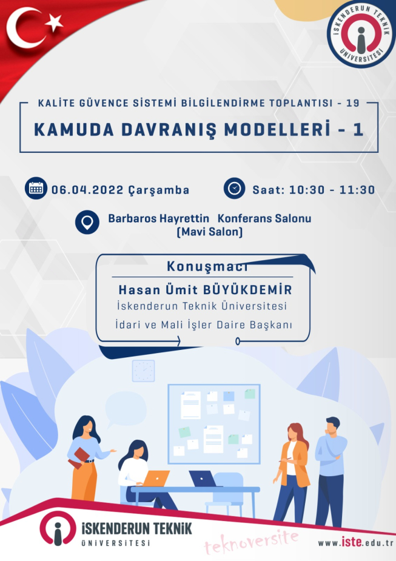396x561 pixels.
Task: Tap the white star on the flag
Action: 54,23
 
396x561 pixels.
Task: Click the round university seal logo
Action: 361,35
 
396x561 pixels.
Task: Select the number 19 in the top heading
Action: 353,103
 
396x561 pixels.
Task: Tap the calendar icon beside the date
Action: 36,188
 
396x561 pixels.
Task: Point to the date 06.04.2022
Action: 88,190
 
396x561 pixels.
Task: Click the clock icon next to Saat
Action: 234,188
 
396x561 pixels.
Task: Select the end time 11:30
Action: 357,190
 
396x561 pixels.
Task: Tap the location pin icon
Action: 87,222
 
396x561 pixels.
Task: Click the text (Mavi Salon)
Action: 210,232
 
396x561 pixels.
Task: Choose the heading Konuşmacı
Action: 207,266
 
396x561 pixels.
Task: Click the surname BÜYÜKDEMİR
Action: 247,289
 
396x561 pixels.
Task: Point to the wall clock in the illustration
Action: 144,371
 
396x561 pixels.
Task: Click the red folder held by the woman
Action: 79,458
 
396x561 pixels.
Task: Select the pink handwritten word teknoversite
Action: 252,542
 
